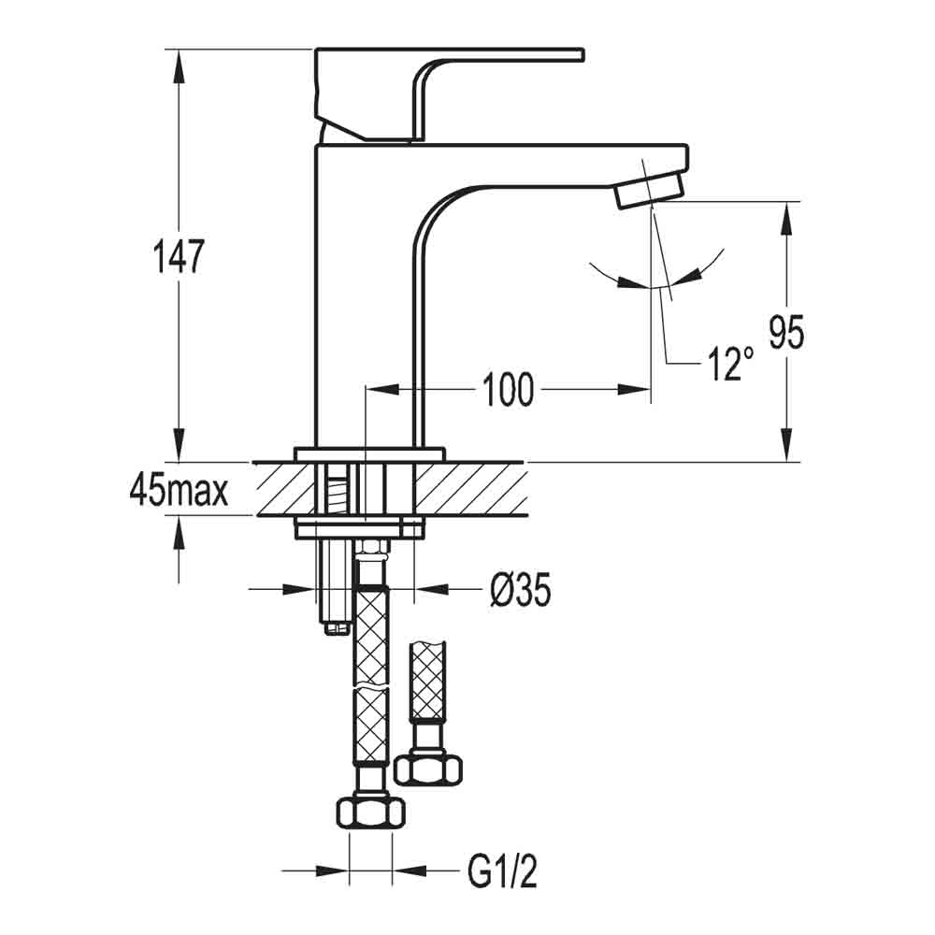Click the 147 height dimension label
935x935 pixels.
[x=177, y=256]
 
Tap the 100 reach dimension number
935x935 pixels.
[x=509, y=389]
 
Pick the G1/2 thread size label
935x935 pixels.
[x=502, y=874]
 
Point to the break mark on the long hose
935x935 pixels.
[x=370, y=688]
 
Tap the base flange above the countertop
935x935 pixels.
[x=370, y=454]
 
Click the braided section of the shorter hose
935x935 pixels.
[x=429, y=683]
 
